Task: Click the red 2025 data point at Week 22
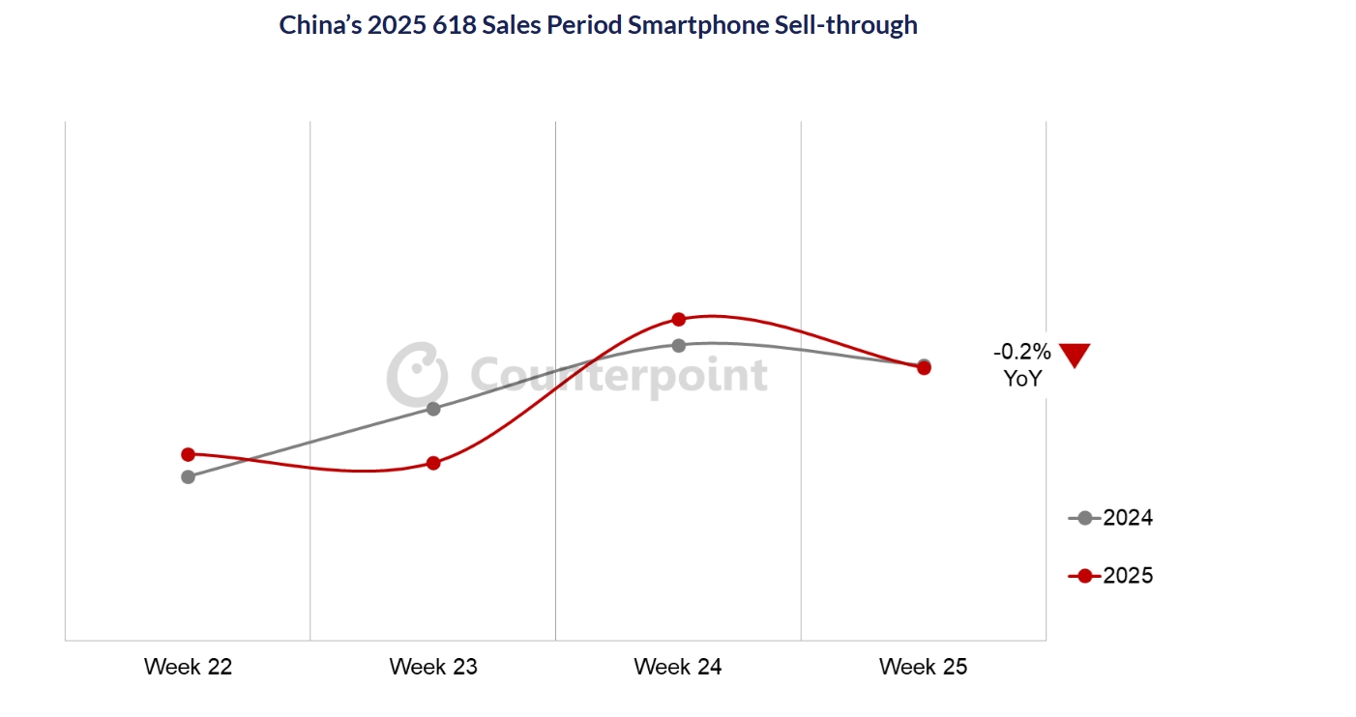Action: [189, 454]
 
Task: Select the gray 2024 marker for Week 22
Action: [189, 476]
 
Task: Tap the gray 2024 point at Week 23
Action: [433, 409]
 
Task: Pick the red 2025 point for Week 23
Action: [433, 463]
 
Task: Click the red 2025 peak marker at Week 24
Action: [678, 319]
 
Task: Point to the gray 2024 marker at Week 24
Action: [678, 345]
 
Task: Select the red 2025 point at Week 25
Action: [924, 368]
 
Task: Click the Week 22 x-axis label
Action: [189, 667]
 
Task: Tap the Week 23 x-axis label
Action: [433, 667]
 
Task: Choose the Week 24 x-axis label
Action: [678, 667]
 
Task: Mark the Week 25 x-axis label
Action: [924, 667]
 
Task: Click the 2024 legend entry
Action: [1112, 518]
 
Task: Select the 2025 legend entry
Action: [1112, 576]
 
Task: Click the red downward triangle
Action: [1075, 355]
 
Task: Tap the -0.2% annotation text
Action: [1022, 352]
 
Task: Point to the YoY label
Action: [1022, 378]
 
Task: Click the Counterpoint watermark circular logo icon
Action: [417, 372]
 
